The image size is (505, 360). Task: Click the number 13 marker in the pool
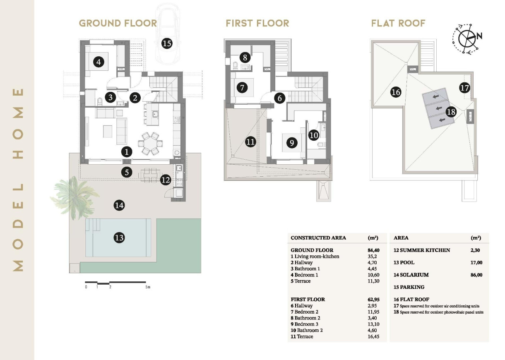click(119, 238)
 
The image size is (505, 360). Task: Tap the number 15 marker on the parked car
click(167, 43)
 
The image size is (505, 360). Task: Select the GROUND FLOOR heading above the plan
click(118, 23)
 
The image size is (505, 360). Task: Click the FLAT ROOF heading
click(398, 23)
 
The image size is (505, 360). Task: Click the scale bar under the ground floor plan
click(117, 283)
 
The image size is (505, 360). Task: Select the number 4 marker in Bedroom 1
click(98, 62)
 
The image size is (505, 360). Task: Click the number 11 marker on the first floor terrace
click(250, 142)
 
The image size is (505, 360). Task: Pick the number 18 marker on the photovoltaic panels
click(451, 111)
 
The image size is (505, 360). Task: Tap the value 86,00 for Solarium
click(476, 275)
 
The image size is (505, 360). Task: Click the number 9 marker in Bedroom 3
click(292, 143)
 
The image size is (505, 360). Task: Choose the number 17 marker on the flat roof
click(464, 88)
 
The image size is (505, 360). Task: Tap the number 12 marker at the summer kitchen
click(165, 180)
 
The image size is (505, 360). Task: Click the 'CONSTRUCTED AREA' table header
click(318, 238)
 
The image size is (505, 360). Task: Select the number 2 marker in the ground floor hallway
click(135, 98)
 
